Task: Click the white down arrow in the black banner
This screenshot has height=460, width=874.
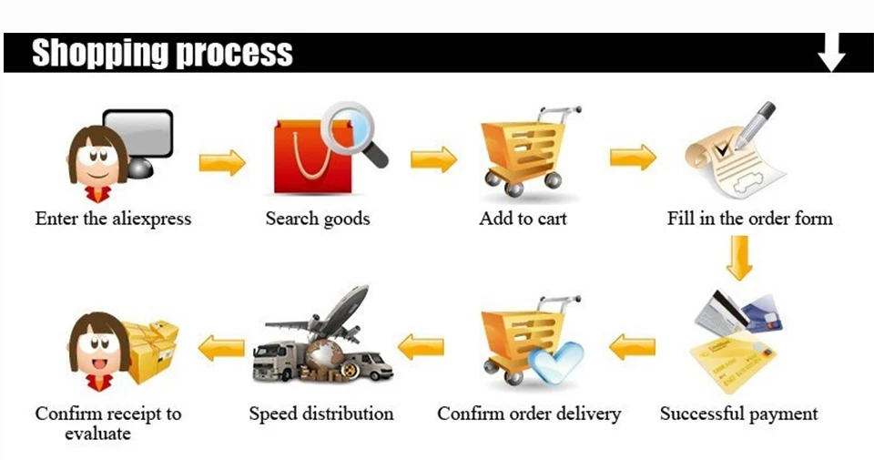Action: (831, 52)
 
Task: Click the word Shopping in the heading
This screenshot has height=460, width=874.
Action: (100, 54)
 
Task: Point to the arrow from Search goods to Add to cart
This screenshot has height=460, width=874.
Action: (433, 159)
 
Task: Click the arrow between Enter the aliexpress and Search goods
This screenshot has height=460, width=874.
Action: (222, 162)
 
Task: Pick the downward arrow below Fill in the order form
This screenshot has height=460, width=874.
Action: (739, 258)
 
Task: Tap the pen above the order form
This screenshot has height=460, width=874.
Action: (755, 126)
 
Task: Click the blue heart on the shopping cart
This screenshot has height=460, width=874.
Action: (555, 363)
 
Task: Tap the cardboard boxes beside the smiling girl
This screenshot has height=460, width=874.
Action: (152, 349)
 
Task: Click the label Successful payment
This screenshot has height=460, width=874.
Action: (738, 414)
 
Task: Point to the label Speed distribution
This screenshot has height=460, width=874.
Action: (321, 414)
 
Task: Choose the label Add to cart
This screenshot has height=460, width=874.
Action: (523, 218)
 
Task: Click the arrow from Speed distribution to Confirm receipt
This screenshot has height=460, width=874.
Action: (221, 348)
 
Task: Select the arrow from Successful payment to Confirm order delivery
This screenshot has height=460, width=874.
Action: (632, 347)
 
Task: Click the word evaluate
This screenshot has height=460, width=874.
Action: (97, 434)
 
